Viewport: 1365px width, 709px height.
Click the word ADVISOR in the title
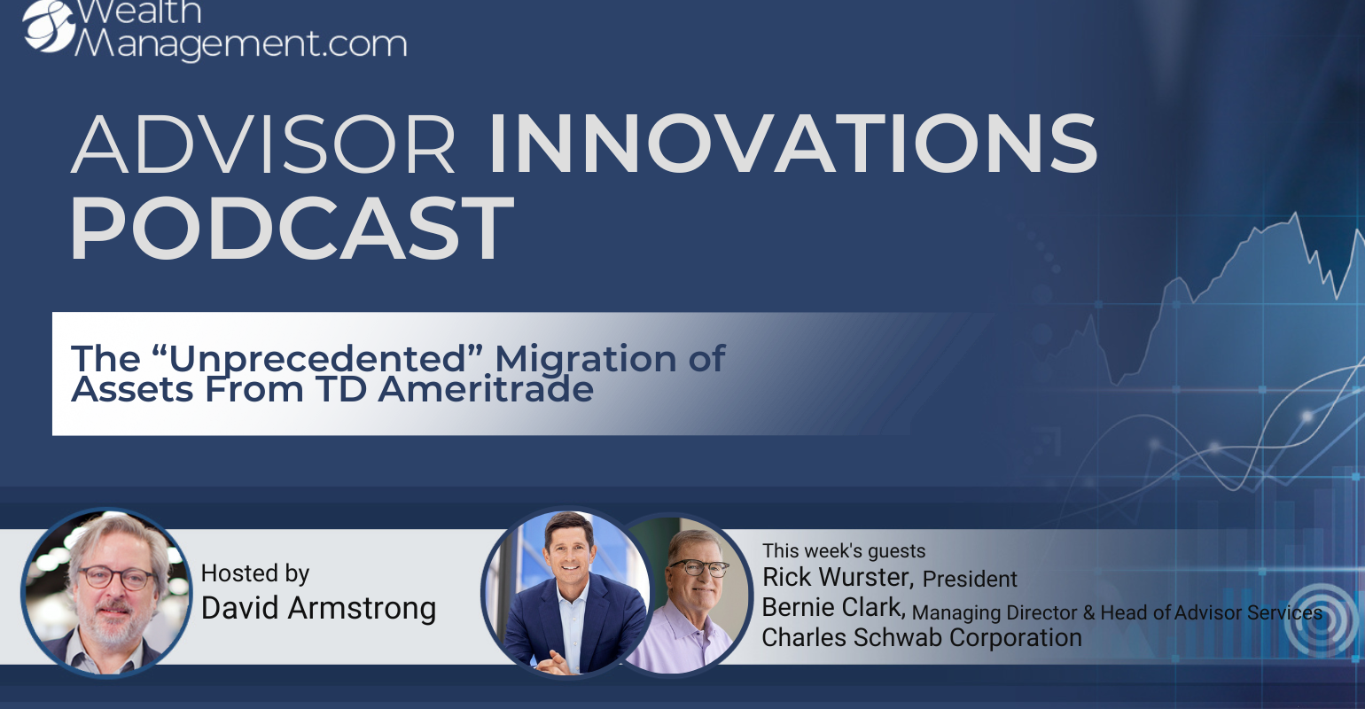point(263,144)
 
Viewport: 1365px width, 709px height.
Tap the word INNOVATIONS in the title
point(792,144)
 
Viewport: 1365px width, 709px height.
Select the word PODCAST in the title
point(292,229)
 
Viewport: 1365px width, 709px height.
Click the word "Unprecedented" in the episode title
point(325,359)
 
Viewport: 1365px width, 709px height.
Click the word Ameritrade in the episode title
point(486,389)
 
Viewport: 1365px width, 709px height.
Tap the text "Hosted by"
point(255,573)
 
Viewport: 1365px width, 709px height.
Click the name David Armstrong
point(319,608)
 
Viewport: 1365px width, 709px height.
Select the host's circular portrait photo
point(106,593)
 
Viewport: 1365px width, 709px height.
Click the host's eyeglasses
point(117,577)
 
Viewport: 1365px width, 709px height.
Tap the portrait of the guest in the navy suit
point(566,592)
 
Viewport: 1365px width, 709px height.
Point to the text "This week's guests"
point(844,550)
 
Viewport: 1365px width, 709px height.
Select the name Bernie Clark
point(833,608)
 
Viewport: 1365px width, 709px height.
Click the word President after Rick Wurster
point(970,579)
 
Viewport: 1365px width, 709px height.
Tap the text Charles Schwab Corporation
point(922,638)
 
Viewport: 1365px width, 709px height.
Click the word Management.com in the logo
point(241,43)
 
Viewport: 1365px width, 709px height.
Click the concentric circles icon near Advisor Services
point(1320,620)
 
